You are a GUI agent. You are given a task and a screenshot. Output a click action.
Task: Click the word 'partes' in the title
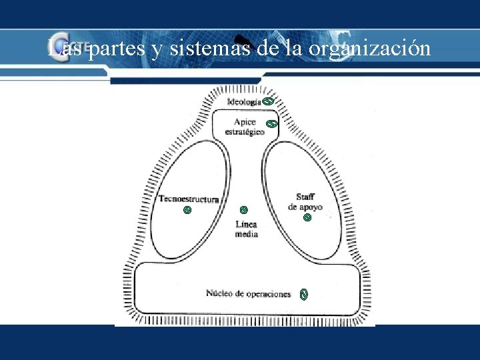(x=117, y=49)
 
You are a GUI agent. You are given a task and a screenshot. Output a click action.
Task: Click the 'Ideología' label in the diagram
(x=244, y=102)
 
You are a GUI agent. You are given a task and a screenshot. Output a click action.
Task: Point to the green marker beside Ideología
(x=267, y=101)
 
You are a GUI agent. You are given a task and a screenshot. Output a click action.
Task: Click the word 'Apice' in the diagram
(x=245, y=122)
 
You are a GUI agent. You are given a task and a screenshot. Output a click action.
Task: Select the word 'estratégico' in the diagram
(x=245, y=131)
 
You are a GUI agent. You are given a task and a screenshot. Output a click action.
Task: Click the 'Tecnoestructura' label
(x=189, y=199)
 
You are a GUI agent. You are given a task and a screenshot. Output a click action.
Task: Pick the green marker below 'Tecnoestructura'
(x=187, y=210)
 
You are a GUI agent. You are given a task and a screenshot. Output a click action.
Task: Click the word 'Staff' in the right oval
(x=305, y=197)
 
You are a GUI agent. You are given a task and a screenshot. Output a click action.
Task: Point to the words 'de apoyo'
(x=305, y=207)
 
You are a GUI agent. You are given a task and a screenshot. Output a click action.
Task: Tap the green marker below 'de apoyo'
(x=307, y=217)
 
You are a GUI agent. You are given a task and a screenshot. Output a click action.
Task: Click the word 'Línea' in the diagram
(x=246, y=225)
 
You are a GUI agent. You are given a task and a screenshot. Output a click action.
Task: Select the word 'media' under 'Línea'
(x=246, y=234)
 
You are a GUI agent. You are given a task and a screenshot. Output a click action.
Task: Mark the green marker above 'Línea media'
(x=244, y=210)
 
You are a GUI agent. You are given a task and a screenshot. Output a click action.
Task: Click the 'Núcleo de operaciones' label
(x=248, y=294)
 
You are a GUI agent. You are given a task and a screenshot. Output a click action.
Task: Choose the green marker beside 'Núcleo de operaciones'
(x=304, y=294)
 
